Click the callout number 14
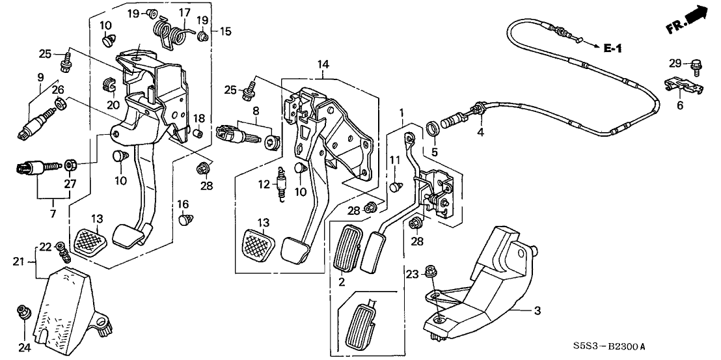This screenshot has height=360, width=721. pos(323,65)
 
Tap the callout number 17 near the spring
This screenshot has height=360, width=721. pos(184,12)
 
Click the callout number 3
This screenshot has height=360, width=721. pos(537,312)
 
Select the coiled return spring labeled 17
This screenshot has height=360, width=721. pos(170,29)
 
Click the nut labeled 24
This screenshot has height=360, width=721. pos(24,313)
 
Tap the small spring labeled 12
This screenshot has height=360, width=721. pos(281,184)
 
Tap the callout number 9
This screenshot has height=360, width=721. pos(40,78)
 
